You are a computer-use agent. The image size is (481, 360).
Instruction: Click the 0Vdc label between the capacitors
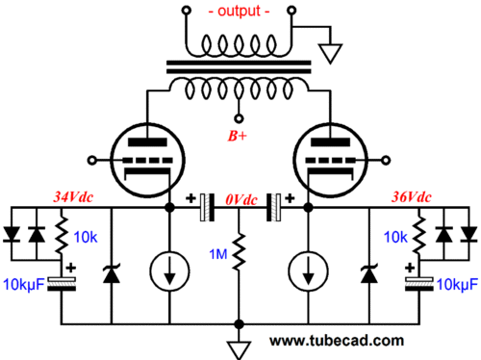[x=239, y=199]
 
